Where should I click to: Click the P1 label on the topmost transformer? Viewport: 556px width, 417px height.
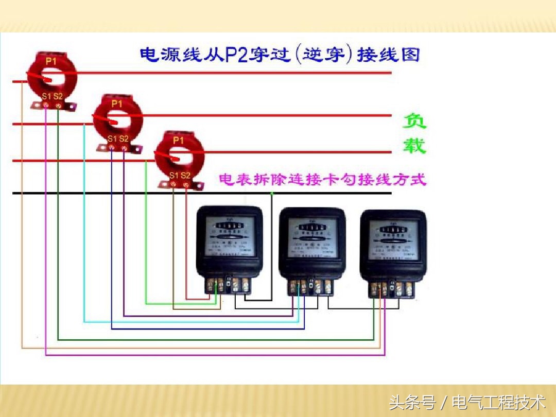50,61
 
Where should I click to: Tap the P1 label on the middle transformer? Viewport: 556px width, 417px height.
117,103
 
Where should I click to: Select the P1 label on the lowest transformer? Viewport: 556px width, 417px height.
178,140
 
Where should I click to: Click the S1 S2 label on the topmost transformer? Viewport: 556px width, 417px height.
53,96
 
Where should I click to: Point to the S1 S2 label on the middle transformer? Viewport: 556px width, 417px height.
118,138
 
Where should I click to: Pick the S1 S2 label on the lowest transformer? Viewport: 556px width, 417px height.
180,176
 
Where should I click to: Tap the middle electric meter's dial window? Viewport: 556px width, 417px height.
311,237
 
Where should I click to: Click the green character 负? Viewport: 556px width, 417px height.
414,121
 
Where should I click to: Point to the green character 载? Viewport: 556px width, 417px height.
414,146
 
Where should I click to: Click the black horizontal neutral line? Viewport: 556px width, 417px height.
335,194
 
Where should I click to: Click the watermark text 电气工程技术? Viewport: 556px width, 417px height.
498,402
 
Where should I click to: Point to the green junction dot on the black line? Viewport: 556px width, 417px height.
272,194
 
